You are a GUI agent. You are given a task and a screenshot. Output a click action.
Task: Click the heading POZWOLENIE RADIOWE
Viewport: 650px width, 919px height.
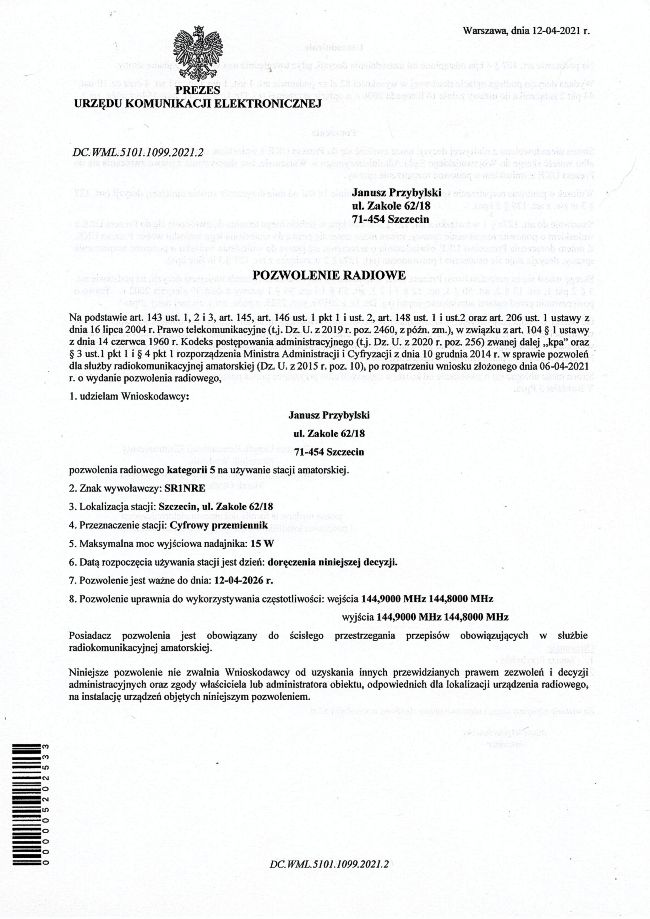tap(326, 273)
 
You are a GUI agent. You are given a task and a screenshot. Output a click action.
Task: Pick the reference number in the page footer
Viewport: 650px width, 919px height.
tap(329, 862)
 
